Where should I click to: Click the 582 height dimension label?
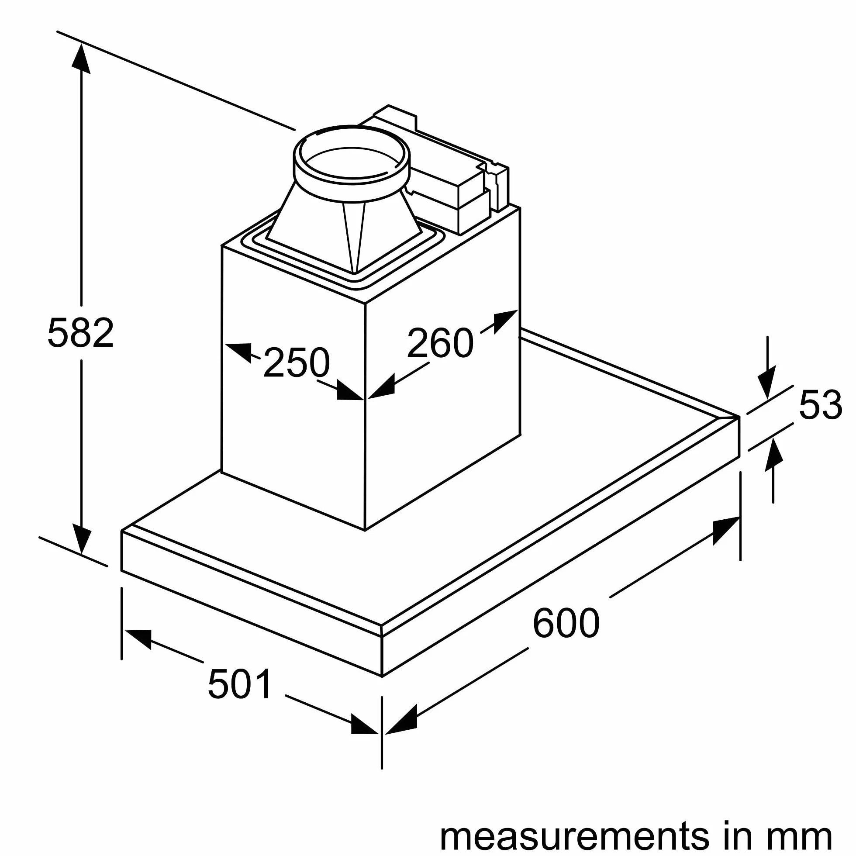pos(81,332)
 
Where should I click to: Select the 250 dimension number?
pos(297,362)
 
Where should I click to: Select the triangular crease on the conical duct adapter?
pos(354,237)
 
